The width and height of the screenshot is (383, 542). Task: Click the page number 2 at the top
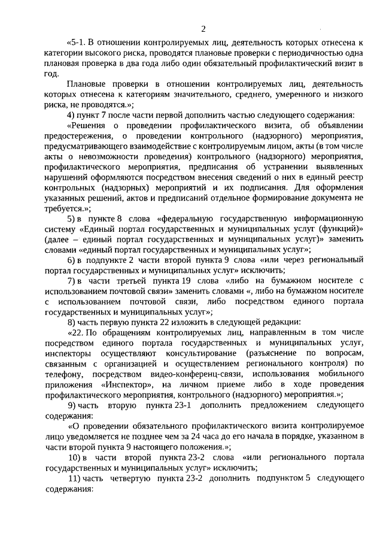[x=203, y=29]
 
